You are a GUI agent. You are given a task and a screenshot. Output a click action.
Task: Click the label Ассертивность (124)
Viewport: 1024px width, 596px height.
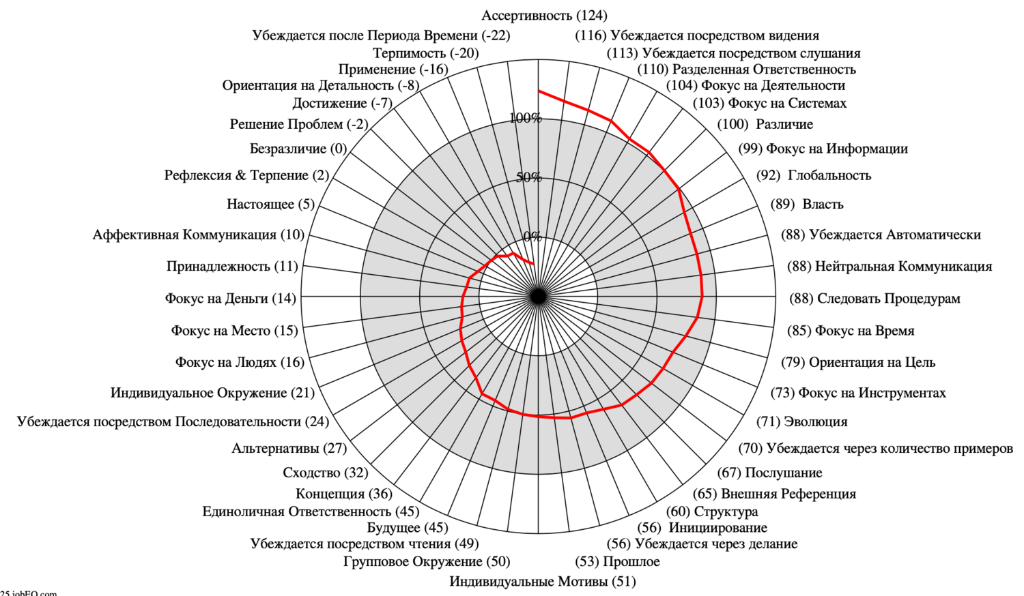pos(544,16)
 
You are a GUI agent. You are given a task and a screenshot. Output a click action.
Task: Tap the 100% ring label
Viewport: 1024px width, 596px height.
pos(526,118)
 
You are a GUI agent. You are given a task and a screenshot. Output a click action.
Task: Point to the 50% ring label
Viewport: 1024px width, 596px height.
pos(529,177)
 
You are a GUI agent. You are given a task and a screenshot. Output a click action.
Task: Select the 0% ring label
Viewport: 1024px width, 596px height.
pos(532,237)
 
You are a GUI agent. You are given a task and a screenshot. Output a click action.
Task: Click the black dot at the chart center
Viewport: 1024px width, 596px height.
pos(539,297)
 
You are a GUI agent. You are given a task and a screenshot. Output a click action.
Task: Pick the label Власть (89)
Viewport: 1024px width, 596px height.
pos(807,204)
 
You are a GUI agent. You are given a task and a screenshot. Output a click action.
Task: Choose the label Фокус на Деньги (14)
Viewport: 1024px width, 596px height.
pos(231,299)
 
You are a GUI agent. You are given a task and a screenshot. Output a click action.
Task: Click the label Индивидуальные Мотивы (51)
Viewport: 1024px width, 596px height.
pos(543,582)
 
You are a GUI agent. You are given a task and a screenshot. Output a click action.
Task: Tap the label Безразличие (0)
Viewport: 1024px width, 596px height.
pos(298,149)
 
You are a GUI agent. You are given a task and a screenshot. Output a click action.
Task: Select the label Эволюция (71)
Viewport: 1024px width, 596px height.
pos(802,421)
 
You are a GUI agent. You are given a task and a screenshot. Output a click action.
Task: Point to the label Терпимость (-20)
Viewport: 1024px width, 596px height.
pos(425,53)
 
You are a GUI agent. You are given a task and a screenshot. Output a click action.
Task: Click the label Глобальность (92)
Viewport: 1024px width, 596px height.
pos(814,176)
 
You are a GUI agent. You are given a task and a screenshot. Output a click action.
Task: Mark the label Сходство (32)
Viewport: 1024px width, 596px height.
pos(326,473)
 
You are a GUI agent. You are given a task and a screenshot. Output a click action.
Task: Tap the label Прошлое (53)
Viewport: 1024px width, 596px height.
pos(617,562)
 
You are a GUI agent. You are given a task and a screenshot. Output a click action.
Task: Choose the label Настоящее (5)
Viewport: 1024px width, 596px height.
pos(270,204)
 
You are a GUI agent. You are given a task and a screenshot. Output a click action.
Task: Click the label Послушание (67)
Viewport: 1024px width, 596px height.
pos(769,473)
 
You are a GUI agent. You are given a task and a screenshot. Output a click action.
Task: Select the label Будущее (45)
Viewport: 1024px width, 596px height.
pos(408,528)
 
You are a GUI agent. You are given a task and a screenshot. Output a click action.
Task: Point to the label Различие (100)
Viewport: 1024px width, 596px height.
pos(765,125)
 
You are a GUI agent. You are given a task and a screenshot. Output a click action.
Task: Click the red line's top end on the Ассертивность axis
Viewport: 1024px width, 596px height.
pos(539,91)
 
